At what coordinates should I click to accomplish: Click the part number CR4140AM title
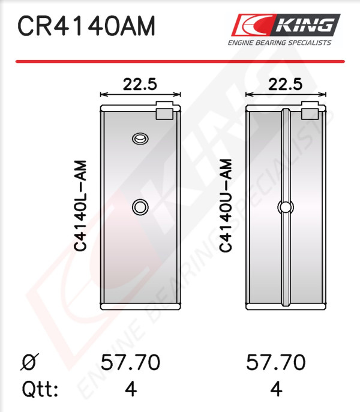(86, 26)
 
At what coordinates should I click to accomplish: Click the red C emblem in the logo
(252, 25)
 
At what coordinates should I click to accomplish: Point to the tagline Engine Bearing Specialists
(279, 43)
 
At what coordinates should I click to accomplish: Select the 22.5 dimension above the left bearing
(140, 85)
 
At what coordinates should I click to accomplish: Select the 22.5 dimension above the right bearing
(286, 85)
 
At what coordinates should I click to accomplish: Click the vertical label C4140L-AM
(80, 206)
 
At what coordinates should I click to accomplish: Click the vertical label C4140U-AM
(226, 206)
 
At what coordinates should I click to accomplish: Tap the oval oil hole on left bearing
(140, 139)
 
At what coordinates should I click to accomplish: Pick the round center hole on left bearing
(140, 207)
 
